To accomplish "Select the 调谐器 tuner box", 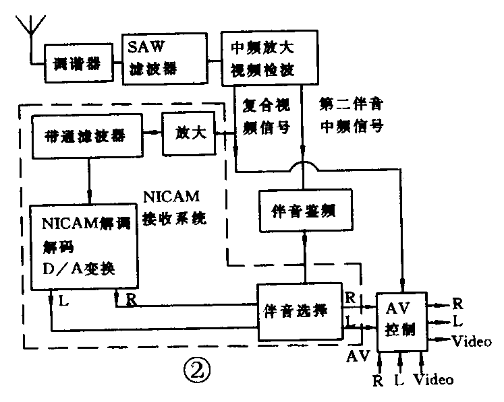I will pos(76,64).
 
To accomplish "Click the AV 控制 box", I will pos(402,320).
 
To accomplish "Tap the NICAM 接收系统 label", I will pos(175,208).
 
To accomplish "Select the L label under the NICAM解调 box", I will pos(62,300).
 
